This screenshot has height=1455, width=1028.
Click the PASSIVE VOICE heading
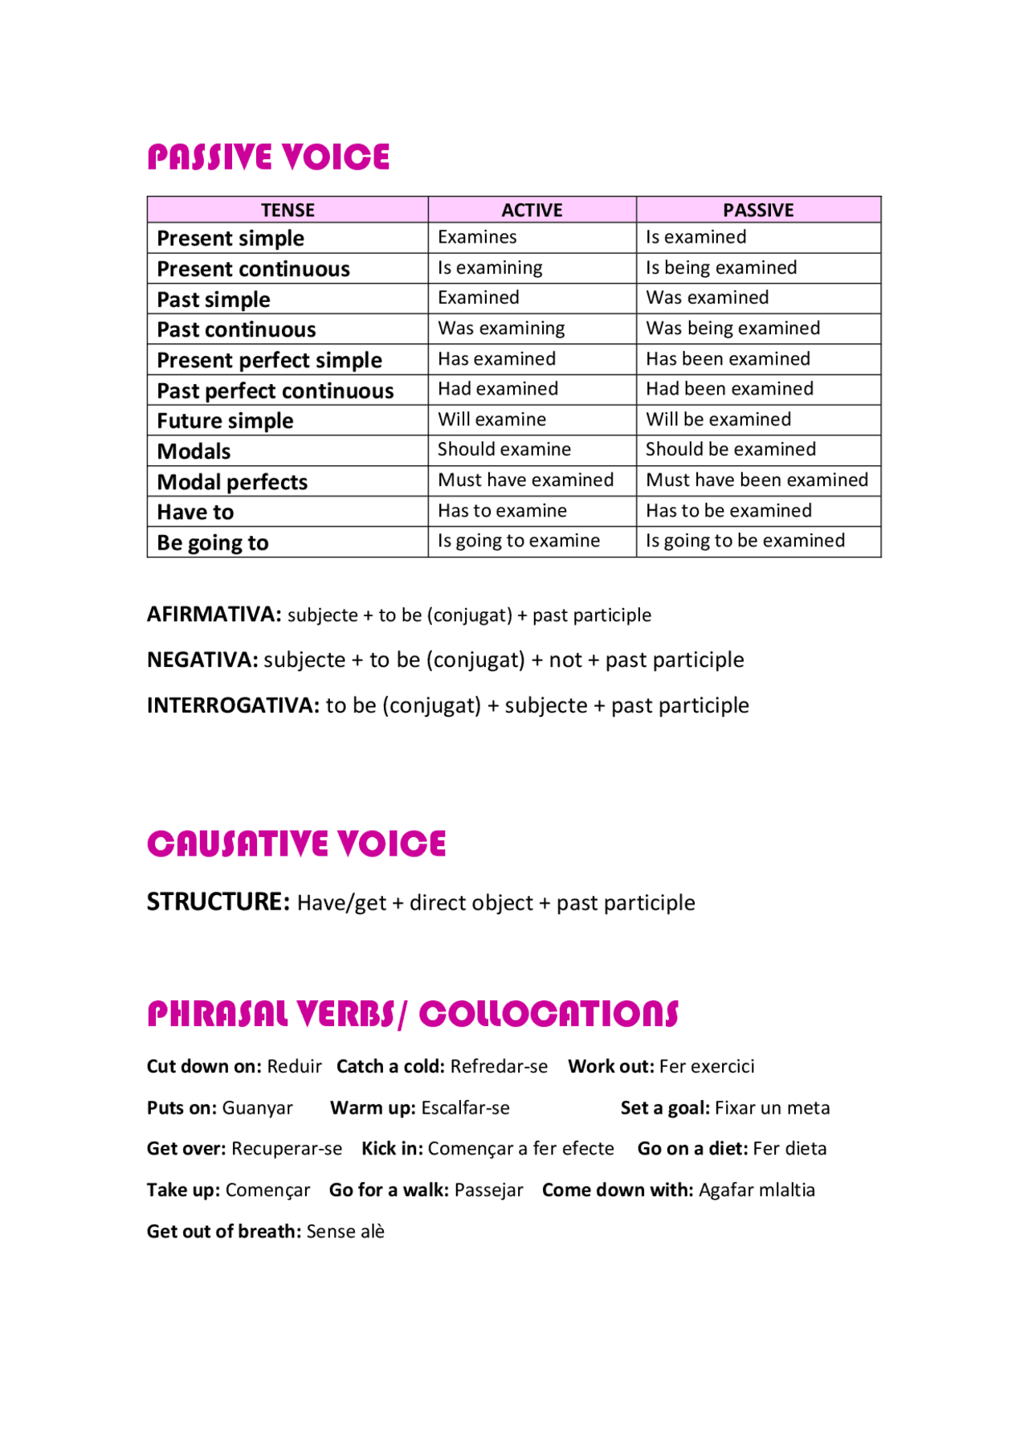click(x=268, y=157)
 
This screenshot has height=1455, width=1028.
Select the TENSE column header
click(x=288, y=210)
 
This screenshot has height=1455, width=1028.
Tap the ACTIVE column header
click(x=532, y=210)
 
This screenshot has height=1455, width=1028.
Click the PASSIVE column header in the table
click(x=758, y=210)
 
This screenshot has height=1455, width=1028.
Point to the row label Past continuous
click(x=236, y=330)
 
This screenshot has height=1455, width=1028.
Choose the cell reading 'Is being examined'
click(x=721, y=268)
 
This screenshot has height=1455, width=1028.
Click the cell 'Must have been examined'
click(x=757, y=480)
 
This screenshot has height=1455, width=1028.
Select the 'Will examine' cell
click(x=492, y=420)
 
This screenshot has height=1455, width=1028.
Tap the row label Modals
click(x=194, y=452)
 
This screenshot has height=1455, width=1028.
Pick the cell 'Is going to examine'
click(x=519, y=542)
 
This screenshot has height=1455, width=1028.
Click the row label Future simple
click(x=225, y=421)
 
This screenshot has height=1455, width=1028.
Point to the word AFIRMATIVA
click(x=214, y=615)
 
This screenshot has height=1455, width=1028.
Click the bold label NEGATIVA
click(x=202, y=660)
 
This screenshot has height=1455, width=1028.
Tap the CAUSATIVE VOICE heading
click(x=296, y=844)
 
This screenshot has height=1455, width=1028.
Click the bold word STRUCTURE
click(x=218, y=902)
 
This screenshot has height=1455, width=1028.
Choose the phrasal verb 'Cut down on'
click(x=203, y=1067)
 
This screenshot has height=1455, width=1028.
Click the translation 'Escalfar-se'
click(x=465, y=1109)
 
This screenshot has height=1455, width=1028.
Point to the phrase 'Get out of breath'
click(x=223, y=1232)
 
